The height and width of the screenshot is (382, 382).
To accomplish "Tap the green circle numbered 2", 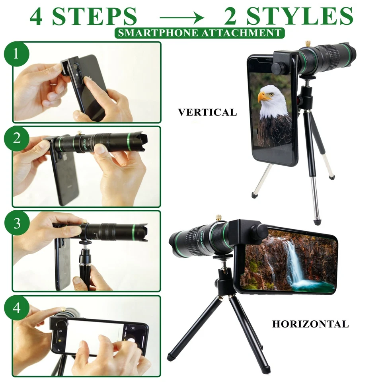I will pos(16,138).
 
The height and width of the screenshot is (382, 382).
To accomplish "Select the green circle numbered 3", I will pos(16,223).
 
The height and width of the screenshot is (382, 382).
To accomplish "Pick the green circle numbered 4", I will pos(16,308).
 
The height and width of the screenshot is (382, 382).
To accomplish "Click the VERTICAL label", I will pos(207,113).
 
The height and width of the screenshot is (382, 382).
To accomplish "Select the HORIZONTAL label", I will pos(310,324).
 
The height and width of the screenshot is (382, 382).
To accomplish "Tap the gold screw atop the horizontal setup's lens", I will pos(218,218).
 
